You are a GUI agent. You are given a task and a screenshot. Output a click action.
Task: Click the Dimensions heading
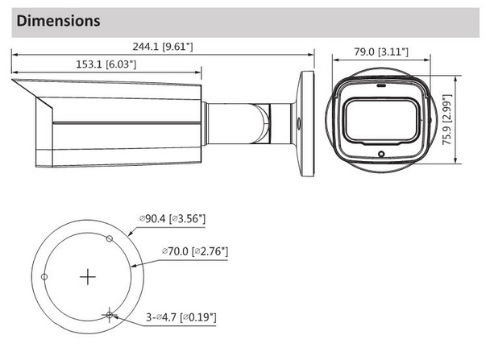[x=59, y=21]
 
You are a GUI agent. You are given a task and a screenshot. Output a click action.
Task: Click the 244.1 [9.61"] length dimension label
[x=163, y=47]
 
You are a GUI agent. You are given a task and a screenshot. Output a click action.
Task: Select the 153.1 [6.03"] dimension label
[x=106, y=64]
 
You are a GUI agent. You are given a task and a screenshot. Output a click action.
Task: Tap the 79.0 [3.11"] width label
[x=381, y=52]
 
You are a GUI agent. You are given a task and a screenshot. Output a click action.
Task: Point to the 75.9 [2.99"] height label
[x=447, y=119]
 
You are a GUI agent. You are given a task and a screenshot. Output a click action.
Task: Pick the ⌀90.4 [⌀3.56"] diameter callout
[x=172, y=218]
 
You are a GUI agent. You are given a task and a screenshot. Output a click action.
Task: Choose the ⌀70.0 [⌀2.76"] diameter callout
[x=195, y=251]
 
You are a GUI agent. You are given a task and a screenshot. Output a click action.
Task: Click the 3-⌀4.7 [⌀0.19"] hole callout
[x=181, y=317]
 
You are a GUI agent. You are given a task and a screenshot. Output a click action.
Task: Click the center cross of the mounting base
[x=88, y=277]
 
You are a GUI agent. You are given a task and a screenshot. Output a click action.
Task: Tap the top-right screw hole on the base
[x=110, y=239]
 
